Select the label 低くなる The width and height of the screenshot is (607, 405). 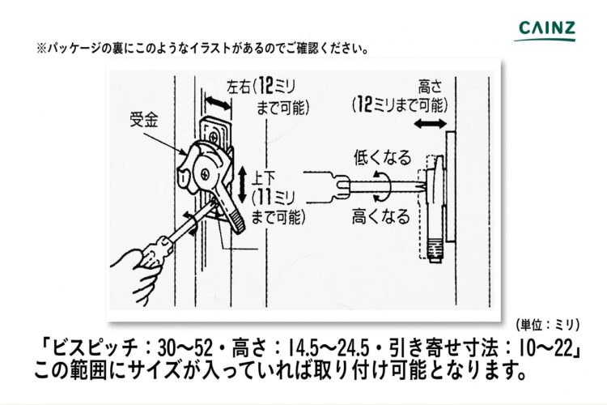(x=382, y=157)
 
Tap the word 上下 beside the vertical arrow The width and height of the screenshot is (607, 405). (x=263, y=177)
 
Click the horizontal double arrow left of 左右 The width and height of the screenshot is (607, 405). (x=217, y=103)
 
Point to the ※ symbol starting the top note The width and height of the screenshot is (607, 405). (x=42, y=49)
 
